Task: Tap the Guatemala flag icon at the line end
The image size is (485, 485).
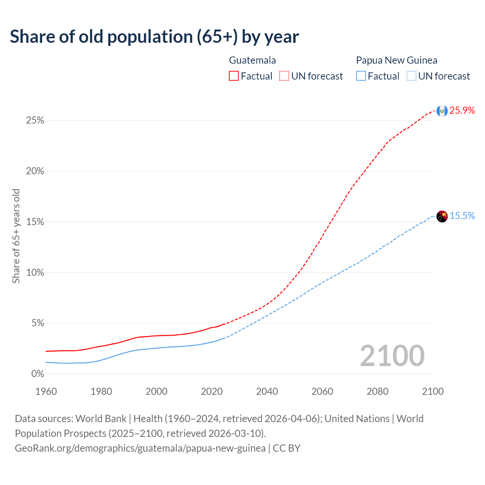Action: click(442, 111)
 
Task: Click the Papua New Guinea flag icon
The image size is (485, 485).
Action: click(442, 216)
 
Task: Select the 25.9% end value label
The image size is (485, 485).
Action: click(462, 110)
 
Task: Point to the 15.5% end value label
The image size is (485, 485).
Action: click(462, 216)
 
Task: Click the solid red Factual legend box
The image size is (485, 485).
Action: click(234, 76)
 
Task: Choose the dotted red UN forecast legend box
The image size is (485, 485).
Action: click(284, 76)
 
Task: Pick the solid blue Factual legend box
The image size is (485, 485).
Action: click(361, 76)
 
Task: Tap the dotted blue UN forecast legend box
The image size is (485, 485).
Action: click(411, 76)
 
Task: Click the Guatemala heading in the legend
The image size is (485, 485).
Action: click(252, 60)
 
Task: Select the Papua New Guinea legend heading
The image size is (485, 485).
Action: click(396, 60)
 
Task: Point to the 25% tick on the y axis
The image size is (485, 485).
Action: click(35, 120)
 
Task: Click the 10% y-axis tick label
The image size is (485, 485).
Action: click(35, 273)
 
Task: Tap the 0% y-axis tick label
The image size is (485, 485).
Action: click(38, 374)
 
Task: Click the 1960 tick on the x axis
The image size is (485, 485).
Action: click(46, 391)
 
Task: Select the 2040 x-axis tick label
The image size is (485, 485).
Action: click(267, 391)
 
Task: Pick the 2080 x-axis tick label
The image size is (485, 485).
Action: click(377, 391)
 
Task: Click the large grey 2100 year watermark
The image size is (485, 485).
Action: click(392, 355)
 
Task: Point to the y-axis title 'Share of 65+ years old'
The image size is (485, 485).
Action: click(16, 236)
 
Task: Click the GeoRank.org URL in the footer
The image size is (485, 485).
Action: click(140, 448)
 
